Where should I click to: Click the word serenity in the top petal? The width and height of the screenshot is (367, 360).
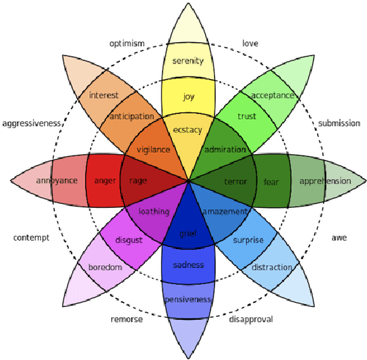tap(188, 61)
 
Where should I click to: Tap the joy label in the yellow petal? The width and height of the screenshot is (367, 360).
tap(188, 97)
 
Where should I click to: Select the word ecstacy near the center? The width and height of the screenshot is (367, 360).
tap(188, 130)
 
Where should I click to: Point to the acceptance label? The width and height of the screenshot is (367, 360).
tap(272, 95)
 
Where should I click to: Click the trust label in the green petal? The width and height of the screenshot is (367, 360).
tap(246, 117)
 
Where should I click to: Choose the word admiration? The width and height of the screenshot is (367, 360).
tap(224, 149)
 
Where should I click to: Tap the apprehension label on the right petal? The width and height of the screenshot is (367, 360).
tap(325, 181)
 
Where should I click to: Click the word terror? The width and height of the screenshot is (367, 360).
tap(235, 181)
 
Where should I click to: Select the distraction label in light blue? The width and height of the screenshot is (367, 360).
tap(271, 267)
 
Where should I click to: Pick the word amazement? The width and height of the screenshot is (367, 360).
tap(224, 212)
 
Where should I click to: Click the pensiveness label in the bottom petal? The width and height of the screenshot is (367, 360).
tap(188, 299)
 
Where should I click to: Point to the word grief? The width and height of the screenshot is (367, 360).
tap(188, 234)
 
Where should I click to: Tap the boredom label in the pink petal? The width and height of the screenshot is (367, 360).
tap(104, 267)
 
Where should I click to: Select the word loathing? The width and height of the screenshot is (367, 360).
tap(153, 212)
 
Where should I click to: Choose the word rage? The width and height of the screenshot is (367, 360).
tap(138, 181)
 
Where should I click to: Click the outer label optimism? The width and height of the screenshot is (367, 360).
tap(127, 44)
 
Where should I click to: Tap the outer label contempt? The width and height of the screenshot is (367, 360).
tap(31, 237)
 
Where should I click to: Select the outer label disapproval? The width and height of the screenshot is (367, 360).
tap(251, 318)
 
